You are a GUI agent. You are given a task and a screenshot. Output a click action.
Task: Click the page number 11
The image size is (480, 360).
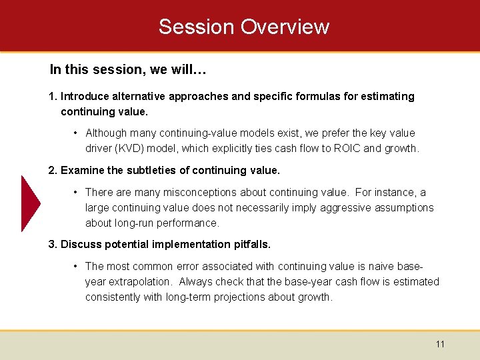[440, 344]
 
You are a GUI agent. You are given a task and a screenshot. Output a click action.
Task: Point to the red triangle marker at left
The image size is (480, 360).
[30, 203]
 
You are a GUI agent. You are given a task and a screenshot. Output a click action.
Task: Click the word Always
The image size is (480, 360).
[195, 281]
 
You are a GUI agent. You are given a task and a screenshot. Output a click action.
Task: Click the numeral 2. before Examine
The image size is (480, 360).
[53, 171]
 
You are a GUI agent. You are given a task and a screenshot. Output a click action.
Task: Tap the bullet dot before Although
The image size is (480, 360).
[77, 133]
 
